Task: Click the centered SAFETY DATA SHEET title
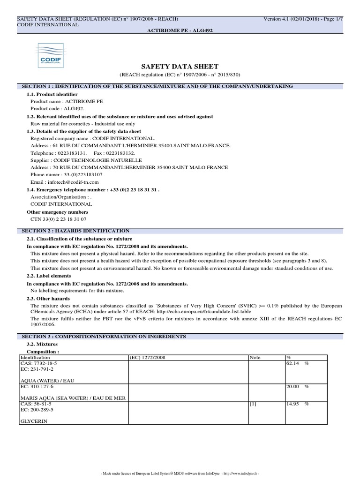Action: point(180,67)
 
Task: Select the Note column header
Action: point(255,357)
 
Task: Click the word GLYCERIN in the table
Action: point(33,421)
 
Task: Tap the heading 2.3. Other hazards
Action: point(48,299)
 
